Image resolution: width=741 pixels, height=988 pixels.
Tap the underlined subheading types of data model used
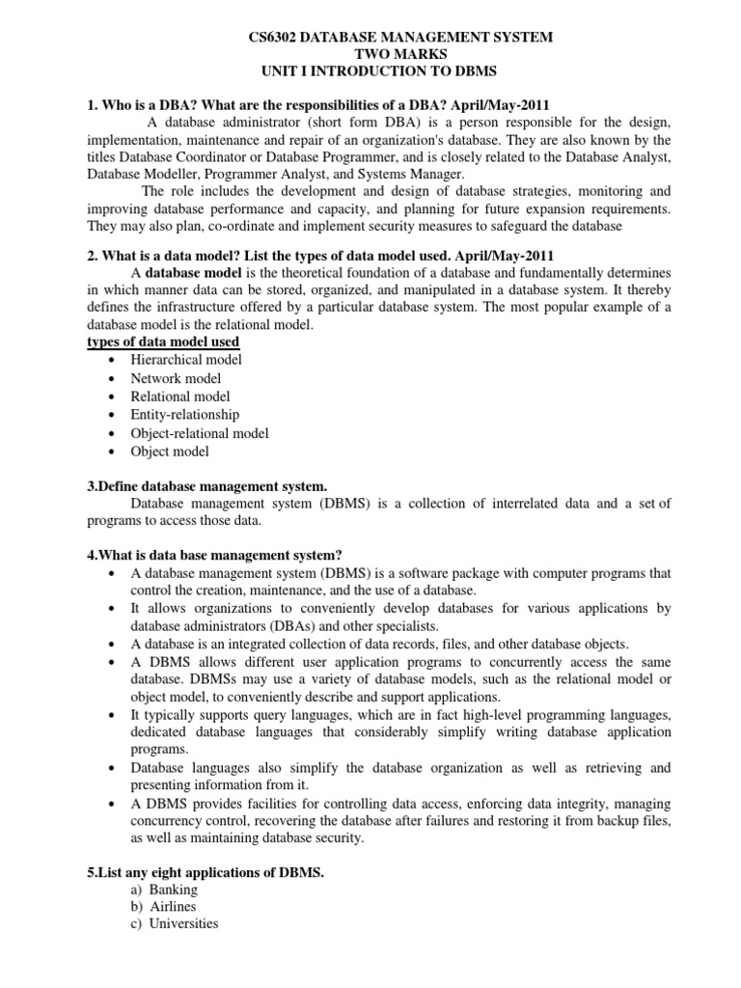click(163, 342)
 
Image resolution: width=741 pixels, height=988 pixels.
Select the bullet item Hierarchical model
click(186, 360)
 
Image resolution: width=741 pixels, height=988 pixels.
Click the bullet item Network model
click(176, 378)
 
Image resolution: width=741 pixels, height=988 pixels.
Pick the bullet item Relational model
click(180, 397)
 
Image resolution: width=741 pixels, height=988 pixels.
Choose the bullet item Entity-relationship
click(185, 415)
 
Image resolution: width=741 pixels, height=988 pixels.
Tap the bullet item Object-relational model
click(200, 433)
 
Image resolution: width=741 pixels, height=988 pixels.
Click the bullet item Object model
click(170, 452)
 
